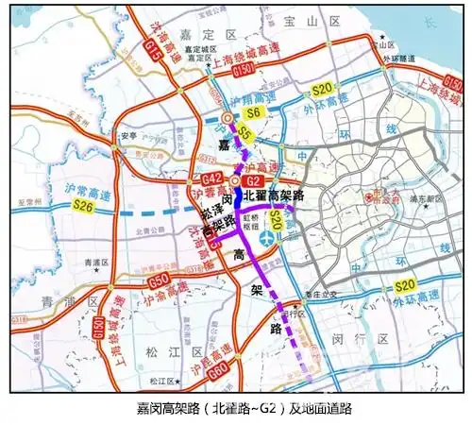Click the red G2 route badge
tap(253, 180)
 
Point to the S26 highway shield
tap(82, 204)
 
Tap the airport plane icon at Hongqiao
tap(268, 239)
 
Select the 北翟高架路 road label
tap(278, 195)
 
